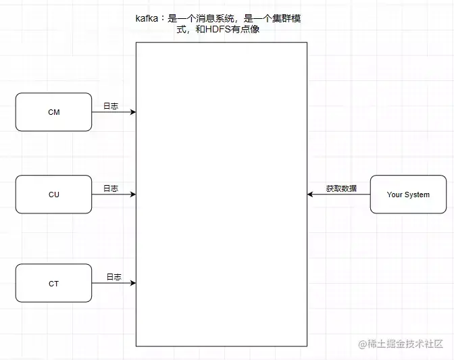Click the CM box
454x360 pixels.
point(53,112)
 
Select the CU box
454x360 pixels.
point(53,195)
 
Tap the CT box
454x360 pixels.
point(53,284)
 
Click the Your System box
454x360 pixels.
point(408,195)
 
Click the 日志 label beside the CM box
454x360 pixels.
point(111,106)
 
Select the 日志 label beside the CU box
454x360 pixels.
point(111,188)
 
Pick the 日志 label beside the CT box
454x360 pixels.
point(113,277)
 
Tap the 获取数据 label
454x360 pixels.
point(341,188)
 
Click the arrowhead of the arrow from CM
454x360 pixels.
point(133,112)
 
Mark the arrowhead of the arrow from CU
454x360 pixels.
point(133,195)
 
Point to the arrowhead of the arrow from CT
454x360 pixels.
point(133,284)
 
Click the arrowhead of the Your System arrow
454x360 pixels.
point(311,195)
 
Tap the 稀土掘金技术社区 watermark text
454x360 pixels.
point(405,344)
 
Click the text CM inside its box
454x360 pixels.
point(53,112)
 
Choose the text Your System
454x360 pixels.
point(408,195)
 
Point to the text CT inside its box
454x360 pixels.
point(53,284)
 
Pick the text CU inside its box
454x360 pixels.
point(53,195)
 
